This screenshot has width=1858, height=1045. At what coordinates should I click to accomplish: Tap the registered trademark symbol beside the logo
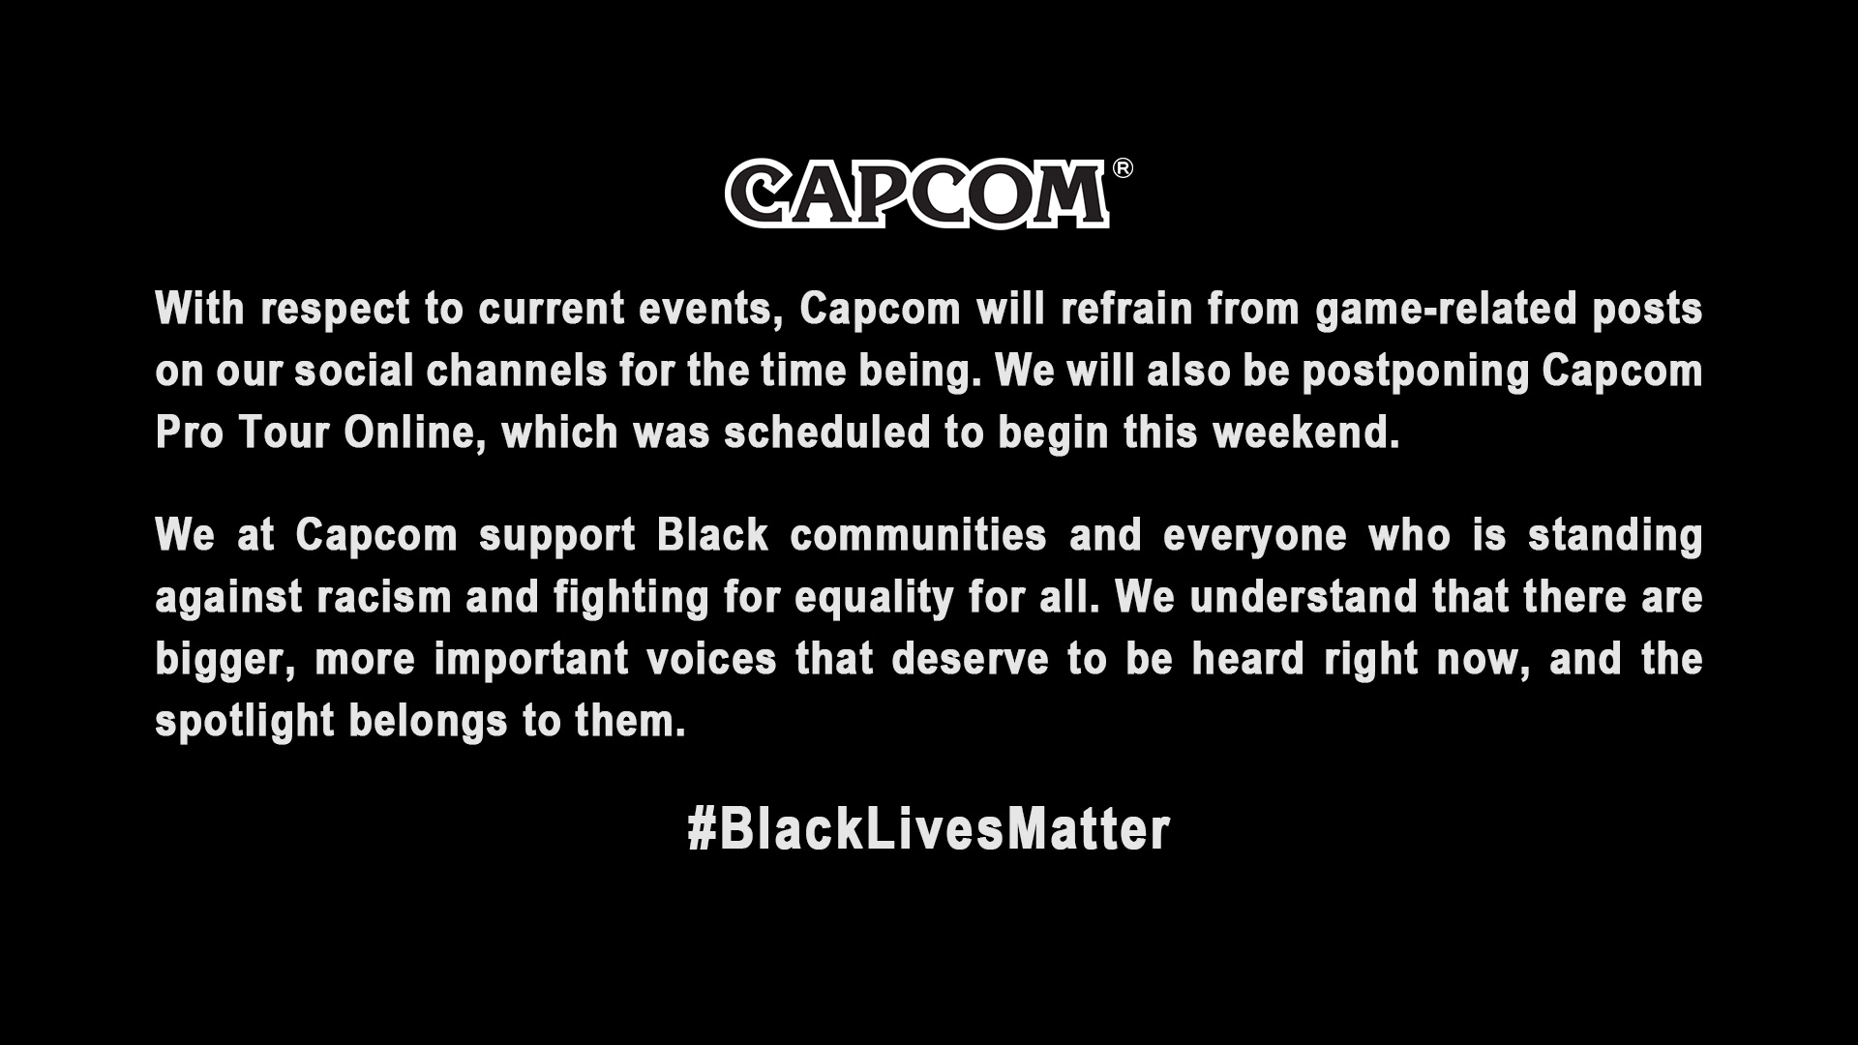1123,168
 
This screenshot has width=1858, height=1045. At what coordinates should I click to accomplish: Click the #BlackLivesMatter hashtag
929,830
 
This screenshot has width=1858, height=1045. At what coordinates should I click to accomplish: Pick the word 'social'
353,372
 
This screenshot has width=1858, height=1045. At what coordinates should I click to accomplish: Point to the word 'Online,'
415,433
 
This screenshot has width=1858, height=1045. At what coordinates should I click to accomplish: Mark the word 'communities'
918,536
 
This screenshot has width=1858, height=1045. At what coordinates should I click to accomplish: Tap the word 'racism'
384,598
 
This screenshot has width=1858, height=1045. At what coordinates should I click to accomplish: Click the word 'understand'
1304,598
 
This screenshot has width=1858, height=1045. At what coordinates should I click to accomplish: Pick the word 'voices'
711,660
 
